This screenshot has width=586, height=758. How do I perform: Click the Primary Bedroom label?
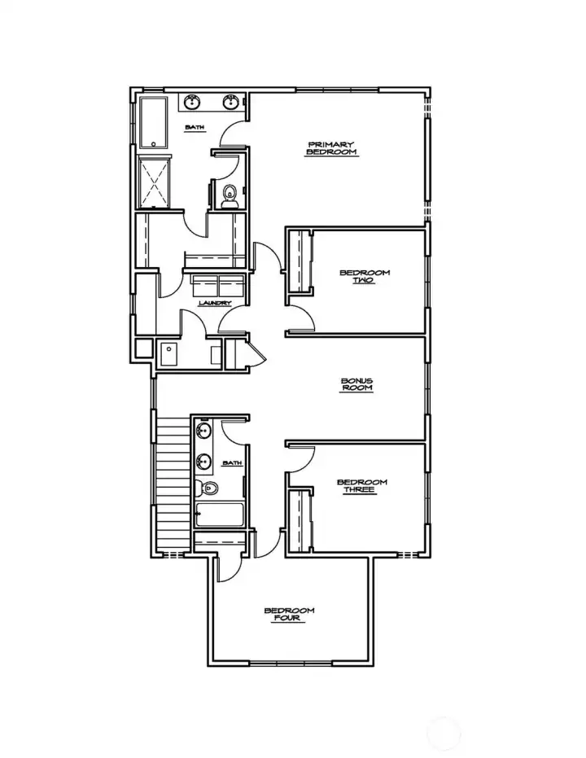[x=331, y=148]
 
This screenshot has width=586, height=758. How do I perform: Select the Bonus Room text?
[x=356, y=384]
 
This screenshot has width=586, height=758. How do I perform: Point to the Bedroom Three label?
[x=361, y=486]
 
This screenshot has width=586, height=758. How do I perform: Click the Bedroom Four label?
[x=289, y=615]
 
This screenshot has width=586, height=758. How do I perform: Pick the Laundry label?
[x=215, y=304]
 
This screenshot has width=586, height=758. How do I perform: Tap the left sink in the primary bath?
[x=193, y=103]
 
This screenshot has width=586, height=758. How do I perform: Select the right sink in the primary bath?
[x=231, y=103]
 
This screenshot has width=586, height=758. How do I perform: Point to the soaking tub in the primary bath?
[x=153, y=122]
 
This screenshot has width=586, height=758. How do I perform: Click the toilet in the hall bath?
[x=208, y=489]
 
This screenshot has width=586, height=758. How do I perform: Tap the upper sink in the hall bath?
[x=203, y=431]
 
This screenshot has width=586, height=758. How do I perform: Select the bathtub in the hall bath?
[x=220, y=515]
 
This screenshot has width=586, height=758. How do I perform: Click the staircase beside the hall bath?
[x=173, y=484]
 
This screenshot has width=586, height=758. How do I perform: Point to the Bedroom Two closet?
[x=302, y=262]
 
